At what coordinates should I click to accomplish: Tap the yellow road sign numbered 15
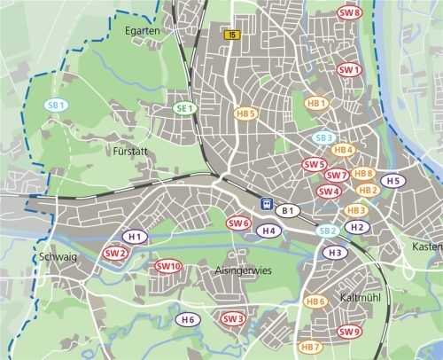pos(232,35)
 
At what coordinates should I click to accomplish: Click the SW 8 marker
pos(350,13)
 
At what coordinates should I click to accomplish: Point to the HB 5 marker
pos(245,113)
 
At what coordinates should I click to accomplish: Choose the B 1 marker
pos(287,210)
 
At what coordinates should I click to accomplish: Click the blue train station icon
pos(266,204)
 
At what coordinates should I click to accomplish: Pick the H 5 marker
pos(394,181)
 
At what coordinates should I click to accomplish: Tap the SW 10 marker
pos(168,266)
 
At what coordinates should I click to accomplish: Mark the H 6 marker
pos(186,319)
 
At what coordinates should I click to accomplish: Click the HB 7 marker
pos(310,347)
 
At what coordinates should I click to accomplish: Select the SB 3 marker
pos(325,137)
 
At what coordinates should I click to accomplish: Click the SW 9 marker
pos(350,332)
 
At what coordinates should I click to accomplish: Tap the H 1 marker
pos(136,237)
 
